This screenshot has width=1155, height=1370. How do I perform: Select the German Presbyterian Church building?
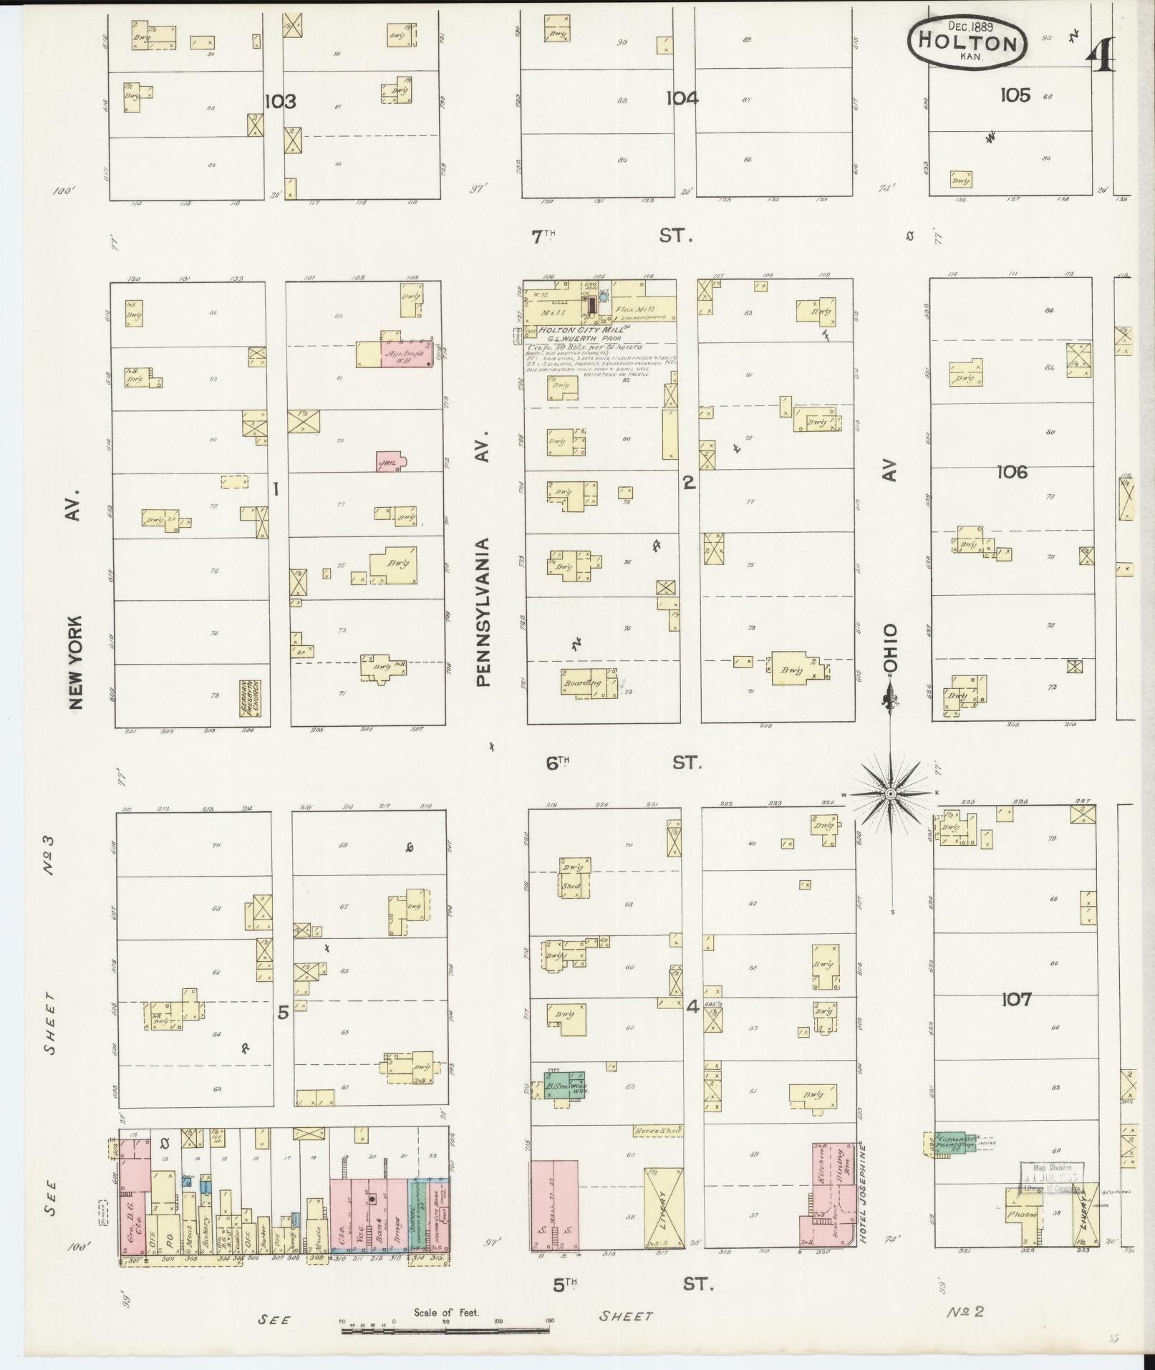[251, 698]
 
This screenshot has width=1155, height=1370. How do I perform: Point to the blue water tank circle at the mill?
[604, 296]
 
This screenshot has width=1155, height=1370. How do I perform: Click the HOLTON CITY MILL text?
[580, 329]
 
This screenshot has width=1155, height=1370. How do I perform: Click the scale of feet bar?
[445, 1330]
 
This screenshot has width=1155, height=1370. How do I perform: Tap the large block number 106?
[1011, 472]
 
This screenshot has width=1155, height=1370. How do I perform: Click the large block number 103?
[280, 102]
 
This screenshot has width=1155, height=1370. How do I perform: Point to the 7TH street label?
[543, 237]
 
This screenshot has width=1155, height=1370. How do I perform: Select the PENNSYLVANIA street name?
[484, 612]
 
